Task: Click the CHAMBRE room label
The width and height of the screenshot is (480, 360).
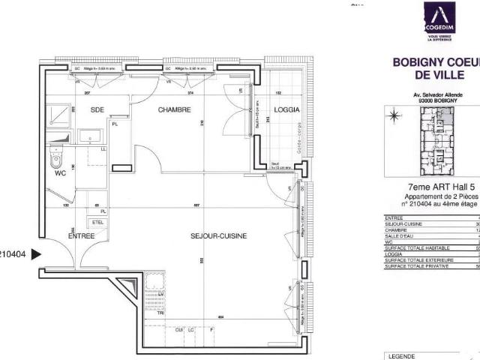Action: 174,110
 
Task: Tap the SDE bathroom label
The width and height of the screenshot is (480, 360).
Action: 97,110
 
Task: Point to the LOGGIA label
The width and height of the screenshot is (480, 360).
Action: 287,110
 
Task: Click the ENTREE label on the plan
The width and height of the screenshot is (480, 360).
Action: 81,236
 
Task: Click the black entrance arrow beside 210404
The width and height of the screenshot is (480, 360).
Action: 35,254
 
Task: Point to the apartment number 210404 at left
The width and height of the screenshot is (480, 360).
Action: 13,254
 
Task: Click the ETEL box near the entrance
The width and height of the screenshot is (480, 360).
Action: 97,223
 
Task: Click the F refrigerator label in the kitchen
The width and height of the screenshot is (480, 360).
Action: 212,330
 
